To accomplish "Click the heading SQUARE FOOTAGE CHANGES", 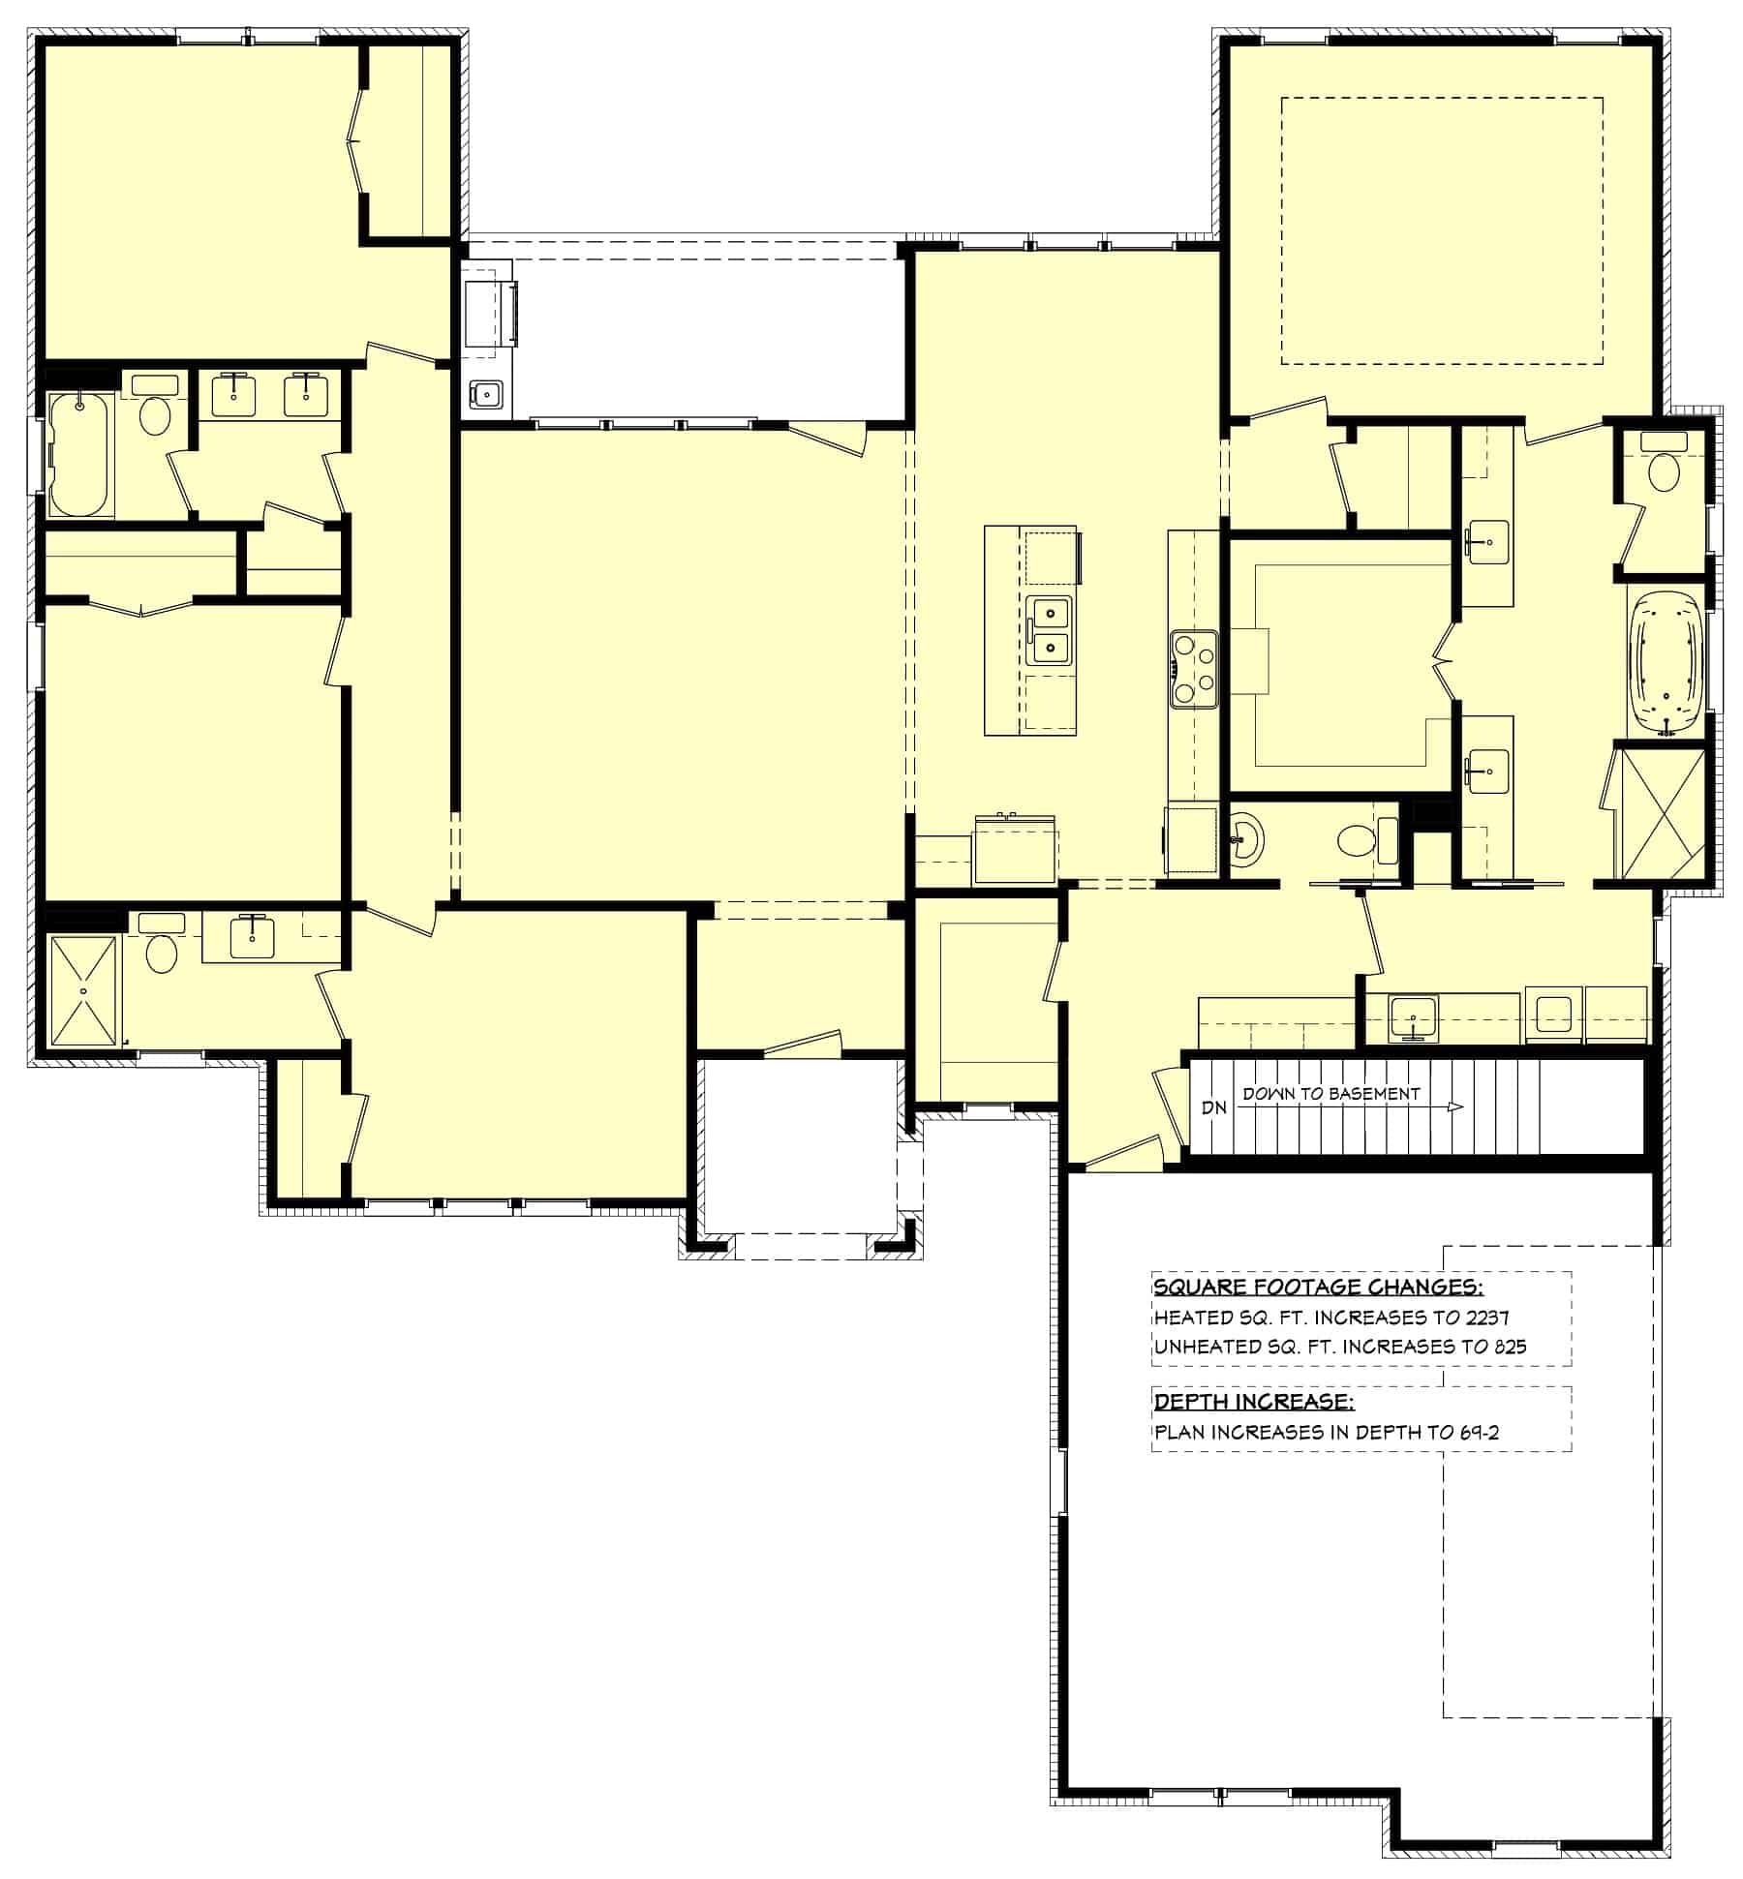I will [1317, 1287].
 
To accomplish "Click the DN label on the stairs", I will [1213, 1107].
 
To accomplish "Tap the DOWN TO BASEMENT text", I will [1330, 1094].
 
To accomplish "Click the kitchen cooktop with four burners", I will [1194, 669].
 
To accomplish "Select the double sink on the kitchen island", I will [1049, 630].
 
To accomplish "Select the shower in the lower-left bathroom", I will [84, 990].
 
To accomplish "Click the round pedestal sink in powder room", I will [1248, 837].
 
